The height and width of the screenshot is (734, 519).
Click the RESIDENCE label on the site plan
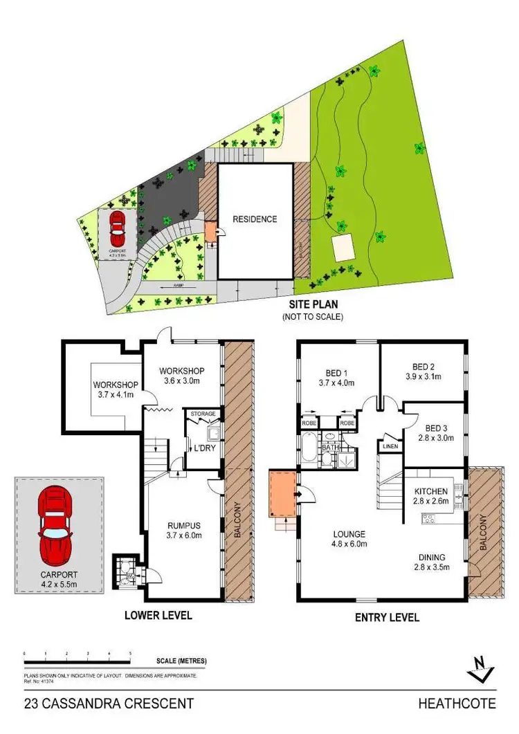coord(255,219)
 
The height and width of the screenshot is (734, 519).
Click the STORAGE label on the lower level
coord(203,414)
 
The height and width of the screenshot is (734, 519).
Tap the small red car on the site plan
coord(118,224)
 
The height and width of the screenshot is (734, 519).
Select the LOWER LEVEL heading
coord(158,615)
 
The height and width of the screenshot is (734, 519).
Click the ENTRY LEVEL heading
coord(387,617)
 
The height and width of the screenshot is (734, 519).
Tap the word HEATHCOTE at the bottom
coord(457,704)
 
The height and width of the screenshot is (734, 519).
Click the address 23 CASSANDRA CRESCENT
coord(109,704)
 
